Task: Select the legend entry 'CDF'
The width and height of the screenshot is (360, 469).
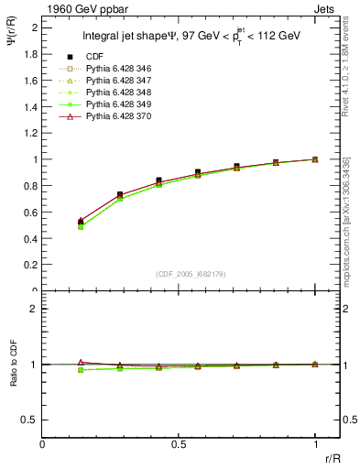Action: click(x=94, y=57)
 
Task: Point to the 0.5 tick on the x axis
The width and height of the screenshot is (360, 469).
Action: click(x=179, y=443)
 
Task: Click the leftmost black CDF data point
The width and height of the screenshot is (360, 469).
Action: click(x=81, y=223)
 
